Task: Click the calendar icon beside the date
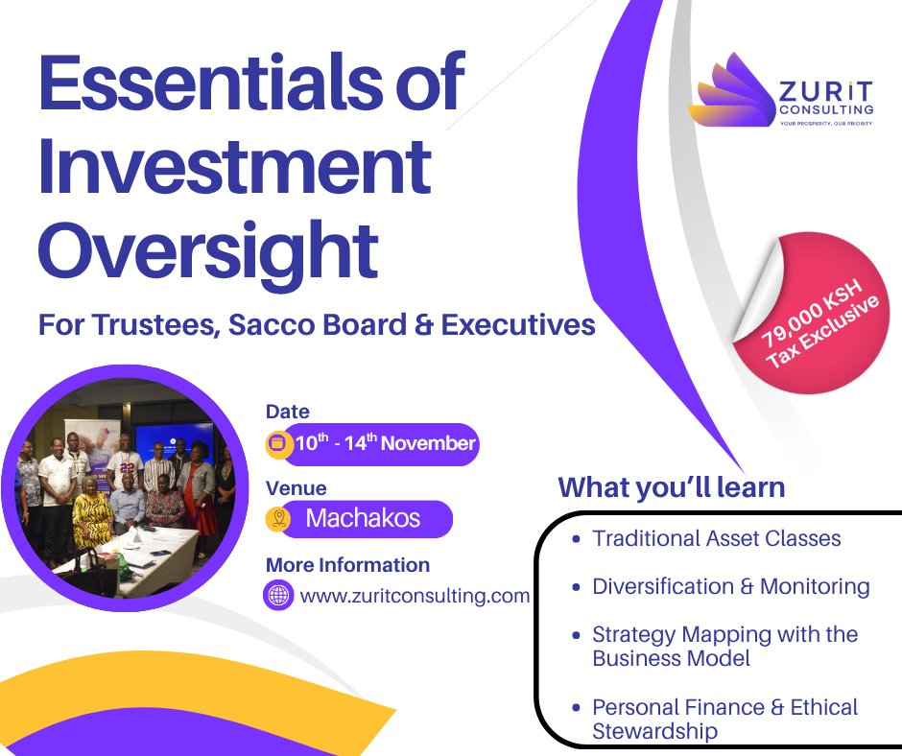[x=279, y=443]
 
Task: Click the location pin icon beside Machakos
[x=279, y=519]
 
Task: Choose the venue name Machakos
[x=363, y=519]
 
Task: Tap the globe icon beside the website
[x=278, y=595]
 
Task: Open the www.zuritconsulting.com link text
[x=415, y=596]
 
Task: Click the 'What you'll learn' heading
[x=672, y=486]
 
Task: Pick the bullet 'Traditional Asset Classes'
[x=716, y=538]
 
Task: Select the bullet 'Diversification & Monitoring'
[x=730, y=586]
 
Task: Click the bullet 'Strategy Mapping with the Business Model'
[x=724, y=647]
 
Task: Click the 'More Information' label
[x=347, y=564]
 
